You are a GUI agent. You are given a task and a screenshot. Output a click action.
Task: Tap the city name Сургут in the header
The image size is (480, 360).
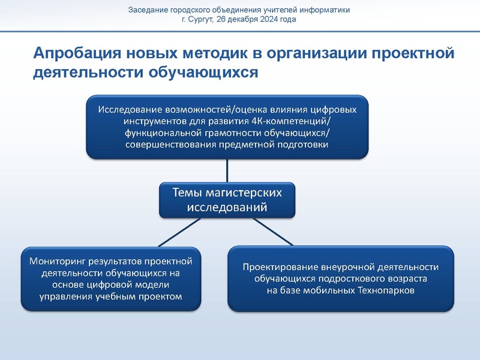(202, 19)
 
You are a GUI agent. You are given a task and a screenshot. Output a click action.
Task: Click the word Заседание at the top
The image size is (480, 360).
(149, 10)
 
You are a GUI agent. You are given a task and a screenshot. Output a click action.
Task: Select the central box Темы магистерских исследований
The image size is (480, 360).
(227, 200)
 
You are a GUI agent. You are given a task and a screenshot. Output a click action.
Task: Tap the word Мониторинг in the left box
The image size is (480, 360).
(54, 261)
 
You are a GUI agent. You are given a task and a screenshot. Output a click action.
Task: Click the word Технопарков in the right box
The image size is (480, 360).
(389, 290)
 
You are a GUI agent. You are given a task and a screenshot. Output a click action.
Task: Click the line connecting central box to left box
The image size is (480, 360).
(180, 232)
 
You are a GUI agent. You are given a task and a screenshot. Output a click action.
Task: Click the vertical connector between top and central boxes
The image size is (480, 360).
(227, 170)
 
